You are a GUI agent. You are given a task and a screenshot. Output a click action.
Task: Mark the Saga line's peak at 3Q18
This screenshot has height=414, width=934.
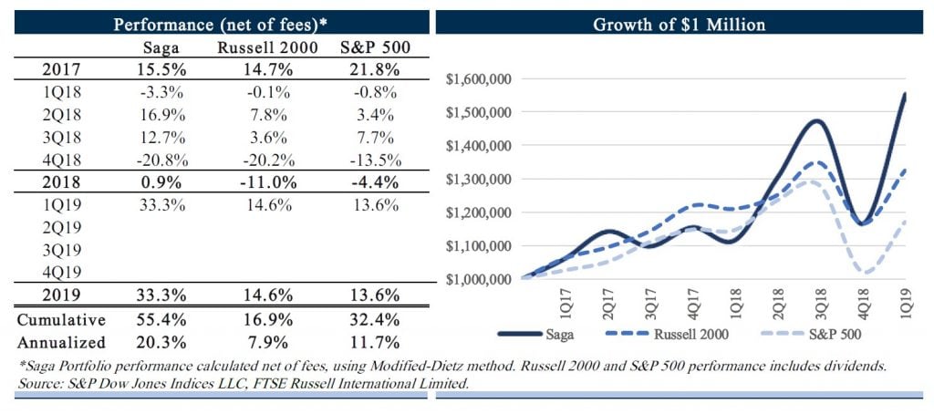(815, 120)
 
